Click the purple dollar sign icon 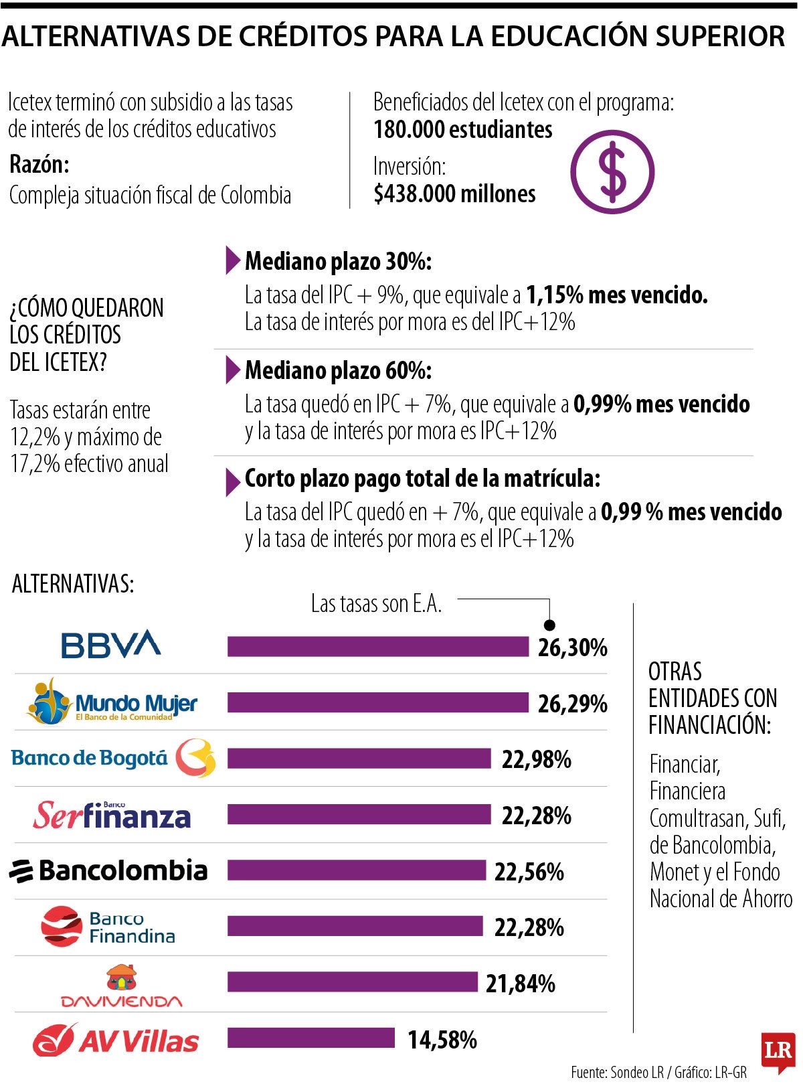pos(612,171)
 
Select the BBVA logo pos(110,644)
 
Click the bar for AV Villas pos(311,1038)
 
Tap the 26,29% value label pos(572,704)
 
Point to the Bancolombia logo pos(108,870)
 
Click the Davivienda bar pos(352,982)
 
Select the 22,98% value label pos(536,759)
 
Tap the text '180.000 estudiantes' pos(462,129)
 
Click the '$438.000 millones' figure pos(454,194)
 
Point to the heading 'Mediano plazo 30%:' pos(338,261)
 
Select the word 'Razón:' pos(39,164)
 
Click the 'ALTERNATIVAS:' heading pos(73,584)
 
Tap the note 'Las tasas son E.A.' pos(376,604)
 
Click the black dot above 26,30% pos(549,625)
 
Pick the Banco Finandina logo pos(108,927)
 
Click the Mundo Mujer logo pos(112,702)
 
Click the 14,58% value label pos(442,1040)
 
